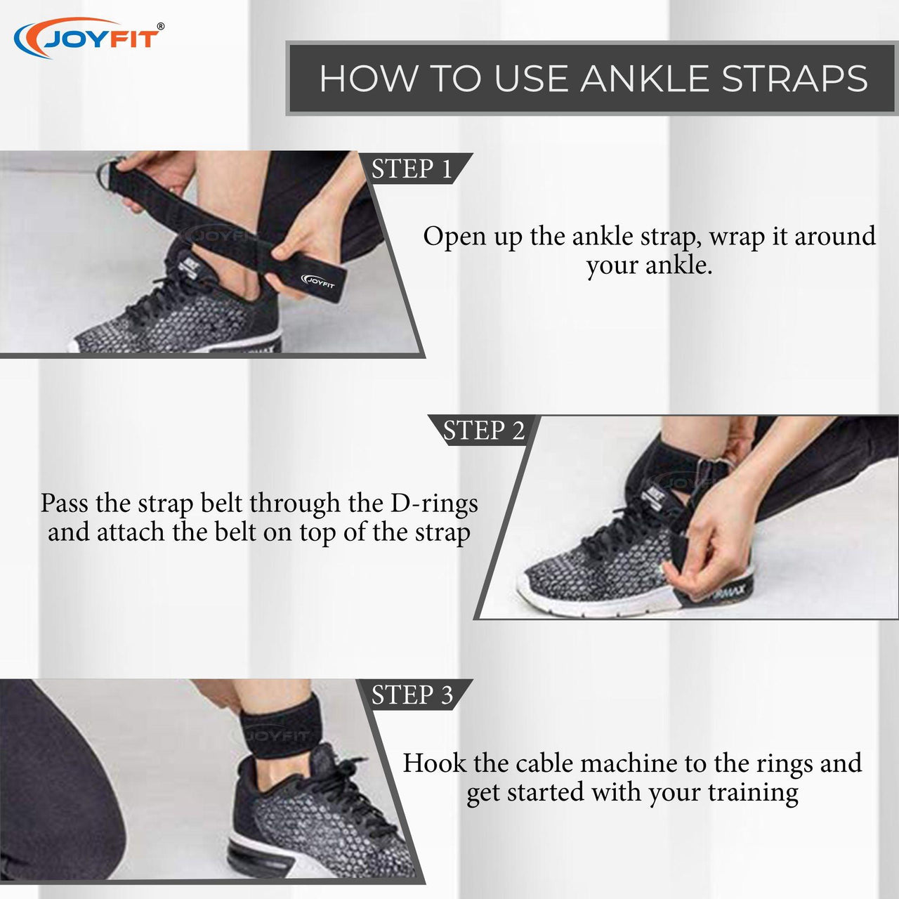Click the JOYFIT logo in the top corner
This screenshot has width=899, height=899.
click(x=88, y=38)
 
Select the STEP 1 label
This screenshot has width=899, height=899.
click(x=412, y=169)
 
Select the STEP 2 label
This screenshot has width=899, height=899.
click(x=484, y=430)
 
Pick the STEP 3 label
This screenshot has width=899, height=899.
click(x=412, y=695)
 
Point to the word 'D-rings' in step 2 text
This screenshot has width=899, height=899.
click(x=434, y=504)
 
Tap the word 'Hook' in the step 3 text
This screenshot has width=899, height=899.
click(x=434, y=763)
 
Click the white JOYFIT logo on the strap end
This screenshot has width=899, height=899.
click(x=319, y=281)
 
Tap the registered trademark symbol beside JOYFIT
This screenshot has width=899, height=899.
click(x=161, y=27)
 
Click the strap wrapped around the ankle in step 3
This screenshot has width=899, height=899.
click(x=275, y=730)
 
